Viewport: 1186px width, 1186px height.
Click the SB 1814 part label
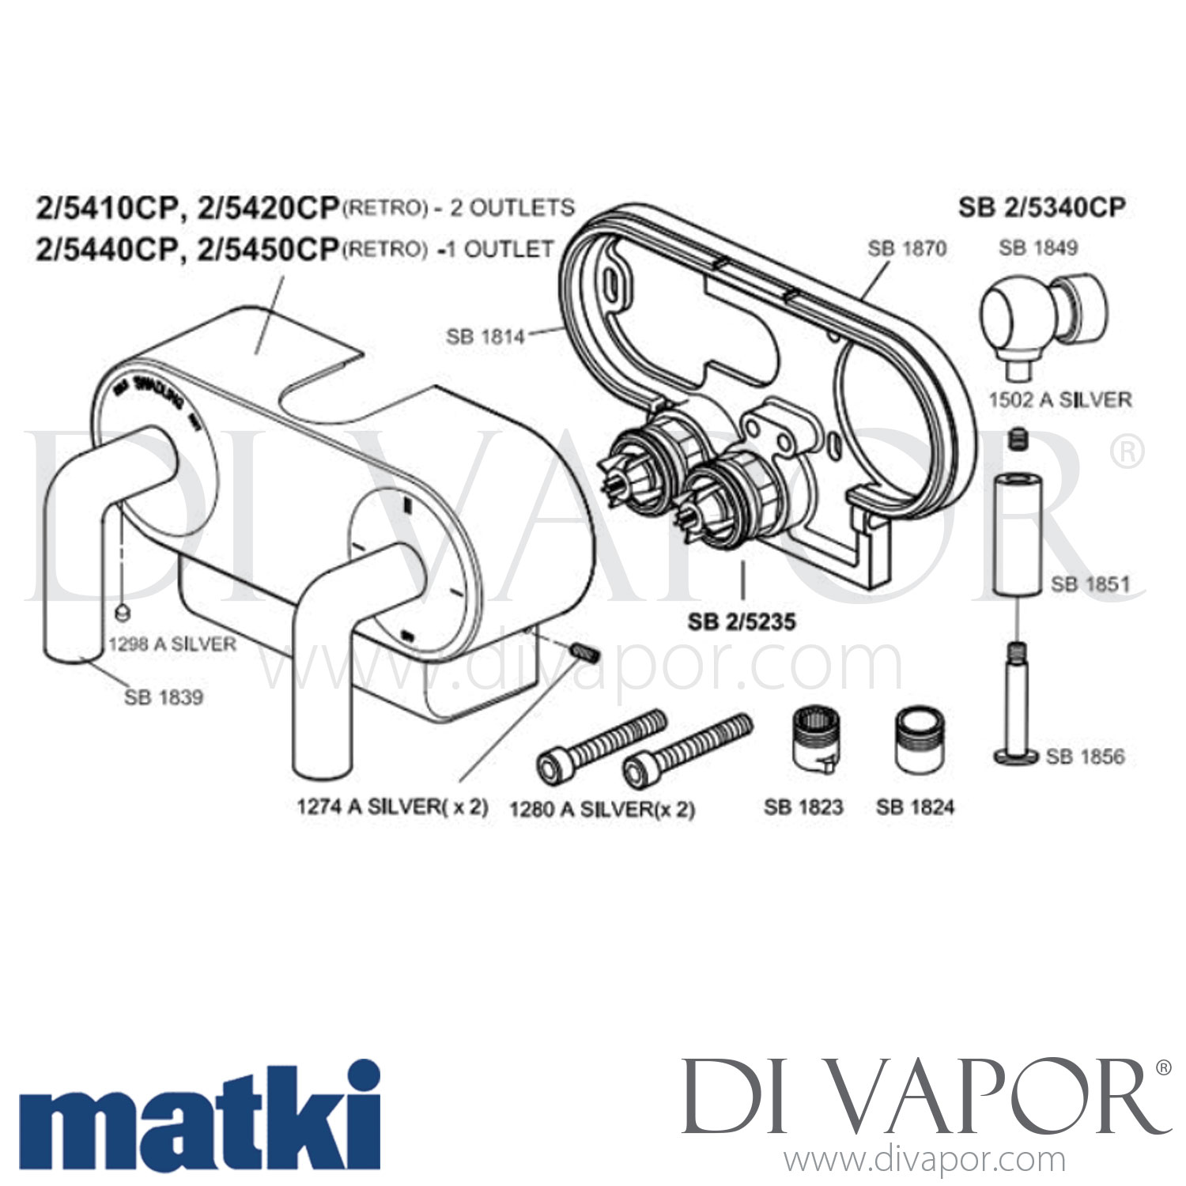coord(485,337)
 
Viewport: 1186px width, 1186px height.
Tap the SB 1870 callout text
coord(906,248)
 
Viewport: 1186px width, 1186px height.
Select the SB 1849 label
coord(1037,247)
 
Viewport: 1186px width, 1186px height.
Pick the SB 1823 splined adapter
coord(815,739)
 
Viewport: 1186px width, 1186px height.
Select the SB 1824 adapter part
coord(915,740)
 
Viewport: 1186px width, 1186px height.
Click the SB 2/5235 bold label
coord(741,622)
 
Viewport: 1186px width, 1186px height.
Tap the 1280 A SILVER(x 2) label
coord(602,809)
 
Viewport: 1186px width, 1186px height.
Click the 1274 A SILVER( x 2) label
coord(392,806)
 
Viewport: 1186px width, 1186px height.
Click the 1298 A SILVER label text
coord(172,644)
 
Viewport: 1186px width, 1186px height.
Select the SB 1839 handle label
coord(163,697)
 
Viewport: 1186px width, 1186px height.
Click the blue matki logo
coord(198,1116)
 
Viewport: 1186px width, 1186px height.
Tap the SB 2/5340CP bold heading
coord(1041,207)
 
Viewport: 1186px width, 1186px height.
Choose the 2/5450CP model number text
coord(268,249)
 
